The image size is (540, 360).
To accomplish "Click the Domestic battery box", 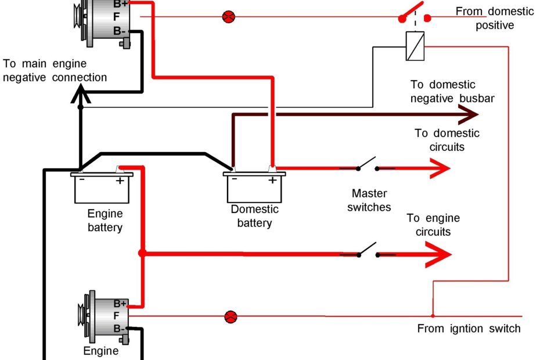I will (x=254, y=188).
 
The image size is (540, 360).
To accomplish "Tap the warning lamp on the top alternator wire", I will (x=228, y=16).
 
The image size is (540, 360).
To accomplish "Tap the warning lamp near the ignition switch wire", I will (x=231, y=316).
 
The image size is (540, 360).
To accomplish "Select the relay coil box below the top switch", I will (x=415, y=46).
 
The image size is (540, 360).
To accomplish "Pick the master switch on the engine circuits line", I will (x=367, y=251).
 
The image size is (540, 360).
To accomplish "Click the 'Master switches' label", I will (x=369, y=200).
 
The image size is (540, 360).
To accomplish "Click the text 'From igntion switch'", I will (x=469, y=329).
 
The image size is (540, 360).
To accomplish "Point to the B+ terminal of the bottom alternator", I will (x=120, y=304).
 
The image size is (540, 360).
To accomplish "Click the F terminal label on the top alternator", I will (x=117, y=17).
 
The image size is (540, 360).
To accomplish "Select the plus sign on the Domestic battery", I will (x=272, y=180).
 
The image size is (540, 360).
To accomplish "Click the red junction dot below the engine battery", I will (x=142, y=253).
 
